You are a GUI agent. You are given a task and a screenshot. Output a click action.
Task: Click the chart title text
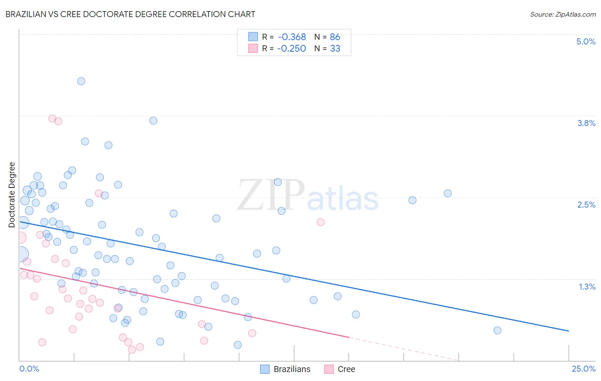pos(130,14)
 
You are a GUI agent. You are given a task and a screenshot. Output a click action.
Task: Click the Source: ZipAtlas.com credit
pos(563,15)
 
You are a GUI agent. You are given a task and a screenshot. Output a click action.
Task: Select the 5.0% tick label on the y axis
pos(586,41)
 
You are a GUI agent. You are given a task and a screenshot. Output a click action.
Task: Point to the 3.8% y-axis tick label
pos(586,123)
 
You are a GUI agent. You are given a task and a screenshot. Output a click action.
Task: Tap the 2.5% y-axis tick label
pos(586,205)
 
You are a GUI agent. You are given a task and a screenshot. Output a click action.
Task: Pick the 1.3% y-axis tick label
pos(587,287)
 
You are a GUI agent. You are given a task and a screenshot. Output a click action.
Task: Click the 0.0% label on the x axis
pos(29,369)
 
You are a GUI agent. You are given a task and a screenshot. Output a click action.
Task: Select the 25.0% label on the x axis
pos(583,369)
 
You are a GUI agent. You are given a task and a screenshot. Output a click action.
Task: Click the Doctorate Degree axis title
pos(12,195)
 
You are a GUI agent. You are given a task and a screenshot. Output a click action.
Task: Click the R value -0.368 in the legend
pos(292,37)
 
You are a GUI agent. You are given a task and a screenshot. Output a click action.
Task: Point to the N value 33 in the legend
pos(335,49)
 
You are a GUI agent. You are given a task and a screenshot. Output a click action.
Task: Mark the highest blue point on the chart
pos(81,81)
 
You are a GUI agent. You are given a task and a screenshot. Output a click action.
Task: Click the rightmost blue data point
pos(497,330)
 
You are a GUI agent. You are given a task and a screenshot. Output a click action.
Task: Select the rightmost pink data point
pos(321,222)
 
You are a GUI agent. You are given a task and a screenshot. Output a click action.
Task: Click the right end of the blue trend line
pos(568,331)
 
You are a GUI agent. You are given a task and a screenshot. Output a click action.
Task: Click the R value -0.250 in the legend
pos(292,49)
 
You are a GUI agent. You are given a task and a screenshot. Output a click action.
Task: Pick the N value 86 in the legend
pos(335,37)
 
